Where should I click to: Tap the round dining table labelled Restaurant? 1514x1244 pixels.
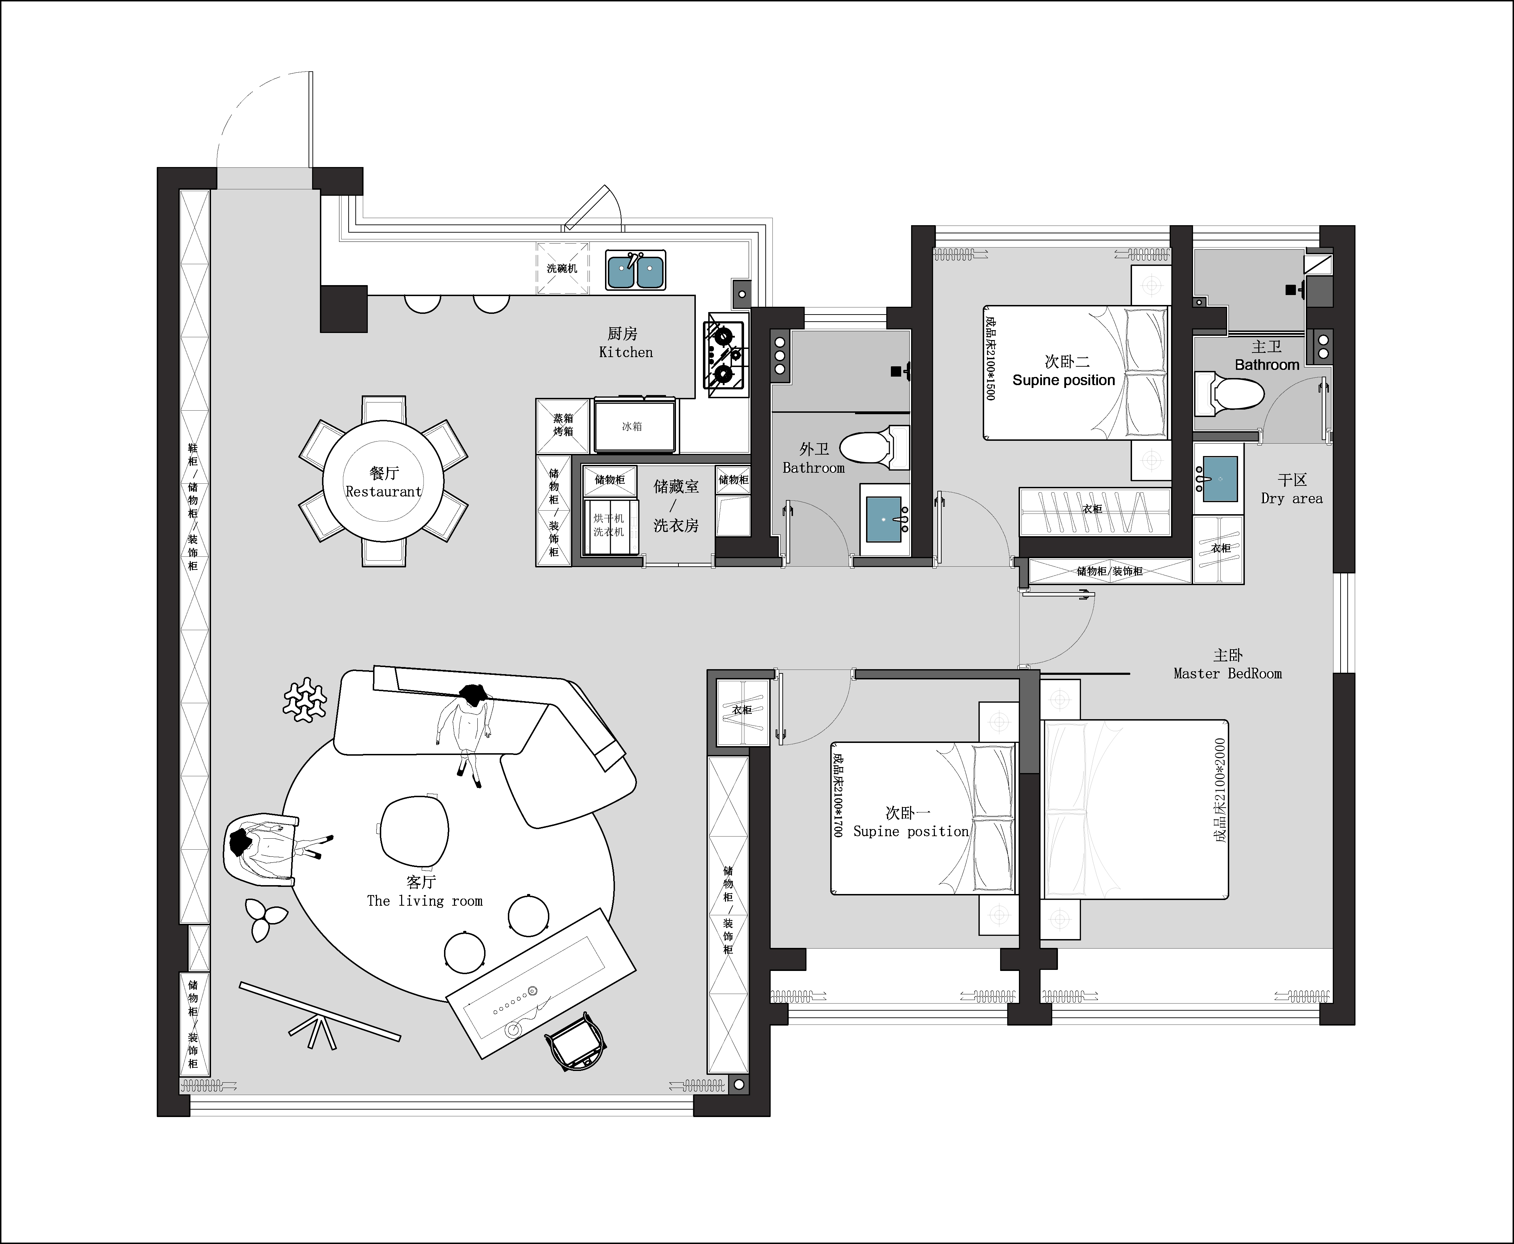(383, 481)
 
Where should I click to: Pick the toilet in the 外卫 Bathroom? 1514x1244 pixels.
(874, 448)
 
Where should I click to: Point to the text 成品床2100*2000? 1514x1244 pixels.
(1220, 790)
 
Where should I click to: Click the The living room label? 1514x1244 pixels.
(425, 901)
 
